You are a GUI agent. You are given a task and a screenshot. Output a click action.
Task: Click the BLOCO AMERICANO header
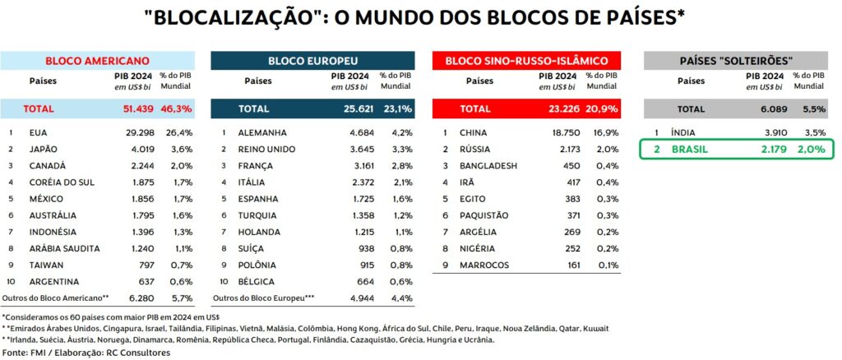[97, 61]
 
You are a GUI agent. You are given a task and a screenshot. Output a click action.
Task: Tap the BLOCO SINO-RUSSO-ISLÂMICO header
[526, 61]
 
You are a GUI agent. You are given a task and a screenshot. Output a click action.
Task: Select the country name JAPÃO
[44, 149]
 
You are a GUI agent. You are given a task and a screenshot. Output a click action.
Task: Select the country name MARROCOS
[486, 265]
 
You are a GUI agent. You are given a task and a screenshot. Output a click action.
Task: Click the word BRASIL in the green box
[691, 149]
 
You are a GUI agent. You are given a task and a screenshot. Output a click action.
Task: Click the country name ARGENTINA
[54, 281]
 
